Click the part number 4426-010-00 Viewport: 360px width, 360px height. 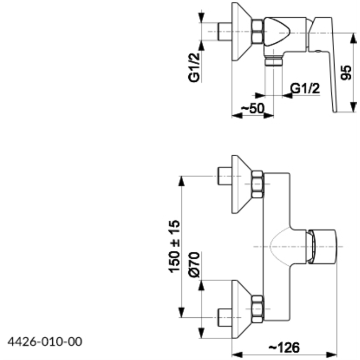[45, 341]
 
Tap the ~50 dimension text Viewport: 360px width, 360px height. [252, 108]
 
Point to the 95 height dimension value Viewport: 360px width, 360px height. [346, 72]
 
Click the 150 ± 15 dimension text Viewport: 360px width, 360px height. [175, 246]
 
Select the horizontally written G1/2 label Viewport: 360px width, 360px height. [305, 88]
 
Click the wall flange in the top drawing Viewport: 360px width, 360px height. [240, 32]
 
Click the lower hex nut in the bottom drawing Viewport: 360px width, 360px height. [258, 309]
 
